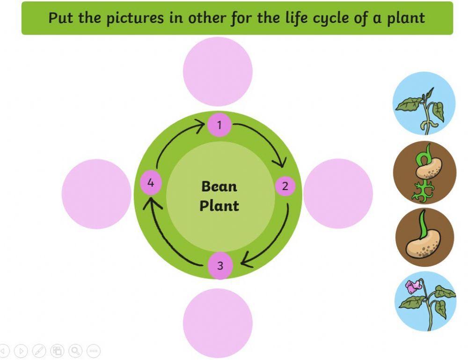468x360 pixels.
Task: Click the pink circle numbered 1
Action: point(219,125)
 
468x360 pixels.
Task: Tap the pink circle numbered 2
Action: point(285,186)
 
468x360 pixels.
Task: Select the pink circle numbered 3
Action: point(219,266)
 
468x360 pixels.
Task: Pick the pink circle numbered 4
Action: point(151,183)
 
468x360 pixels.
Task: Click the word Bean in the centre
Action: point(219,186)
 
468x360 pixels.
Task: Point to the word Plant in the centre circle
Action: point(219,206)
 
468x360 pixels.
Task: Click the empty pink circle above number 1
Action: point(218,72)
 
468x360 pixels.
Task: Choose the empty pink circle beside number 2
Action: point(338,193)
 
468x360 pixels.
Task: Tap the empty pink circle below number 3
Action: point(218,323)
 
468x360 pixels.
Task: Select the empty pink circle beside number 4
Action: point(96,194)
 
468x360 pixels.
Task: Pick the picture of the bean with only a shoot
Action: point(424,237)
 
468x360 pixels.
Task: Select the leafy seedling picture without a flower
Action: point(424,103)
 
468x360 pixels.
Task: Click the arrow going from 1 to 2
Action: point(267,140)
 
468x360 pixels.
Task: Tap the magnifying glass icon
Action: point(75,350)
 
